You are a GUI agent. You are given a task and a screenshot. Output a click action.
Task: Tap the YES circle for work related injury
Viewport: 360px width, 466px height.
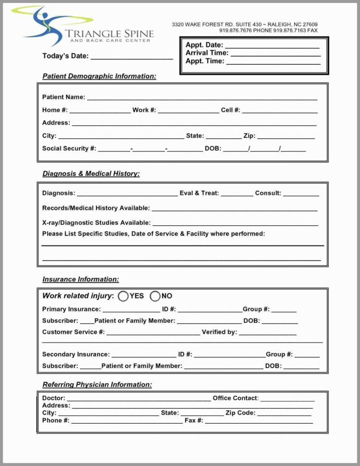coord(123,296)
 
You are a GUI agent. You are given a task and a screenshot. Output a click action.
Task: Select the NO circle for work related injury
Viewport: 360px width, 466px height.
coord(155,296)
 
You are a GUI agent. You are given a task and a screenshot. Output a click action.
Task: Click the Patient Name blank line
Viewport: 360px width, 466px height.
coord(202,98)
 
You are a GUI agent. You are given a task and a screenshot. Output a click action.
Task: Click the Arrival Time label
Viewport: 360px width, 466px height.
coord(207,53)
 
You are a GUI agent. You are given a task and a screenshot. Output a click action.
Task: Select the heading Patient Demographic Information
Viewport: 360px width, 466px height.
coord(99,76)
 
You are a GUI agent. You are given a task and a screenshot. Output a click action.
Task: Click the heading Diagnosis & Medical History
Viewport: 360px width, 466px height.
coord(91,174)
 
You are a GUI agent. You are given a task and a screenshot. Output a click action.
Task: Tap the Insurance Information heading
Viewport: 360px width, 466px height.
coord(81,280)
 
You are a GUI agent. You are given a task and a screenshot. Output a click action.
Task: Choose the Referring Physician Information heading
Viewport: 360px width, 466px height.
coord(97,385)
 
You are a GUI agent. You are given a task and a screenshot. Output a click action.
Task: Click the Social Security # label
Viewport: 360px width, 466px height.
coord(69,148)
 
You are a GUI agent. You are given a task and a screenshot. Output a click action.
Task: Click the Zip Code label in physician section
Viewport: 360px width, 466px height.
coord(240,413)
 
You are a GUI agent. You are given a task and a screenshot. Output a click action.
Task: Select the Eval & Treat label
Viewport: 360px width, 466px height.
coord(199,193)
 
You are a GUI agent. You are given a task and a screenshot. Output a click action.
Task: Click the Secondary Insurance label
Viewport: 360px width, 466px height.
coord(75,355)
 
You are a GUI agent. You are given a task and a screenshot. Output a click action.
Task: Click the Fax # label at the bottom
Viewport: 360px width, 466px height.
coord(194,420)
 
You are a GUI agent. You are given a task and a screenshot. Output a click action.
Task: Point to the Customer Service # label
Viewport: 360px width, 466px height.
coord(73,332)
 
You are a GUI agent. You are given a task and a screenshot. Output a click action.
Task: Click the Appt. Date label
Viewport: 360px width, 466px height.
coord(204,45)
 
